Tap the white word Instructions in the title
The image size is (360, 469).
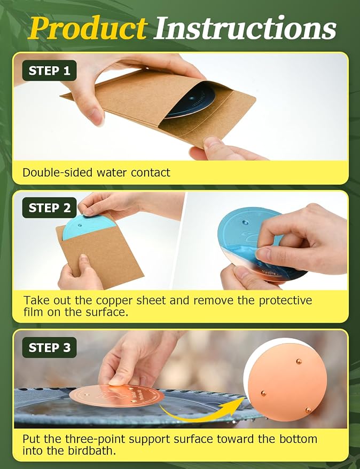tap(246, 28)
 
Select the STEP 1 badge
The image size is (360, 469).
tap(50, 70)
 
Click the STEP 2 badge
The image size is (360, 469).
tap(50, 208)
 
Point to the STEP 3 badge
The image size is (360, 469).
tap(50, 347)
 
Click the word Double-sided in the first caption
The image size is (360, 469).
tap(58, 172)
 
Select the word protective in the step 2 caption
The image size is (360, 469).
tap(285, 300)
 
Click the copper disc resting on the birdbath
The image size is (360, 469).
tap(117, 396)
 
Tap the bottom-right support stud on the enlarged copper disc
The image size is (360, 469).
tap(308, 410)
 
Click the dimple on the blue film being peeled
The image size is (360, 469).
tap(246, 222)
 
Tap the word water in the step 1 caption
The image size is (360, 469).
tap(112, 172)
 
